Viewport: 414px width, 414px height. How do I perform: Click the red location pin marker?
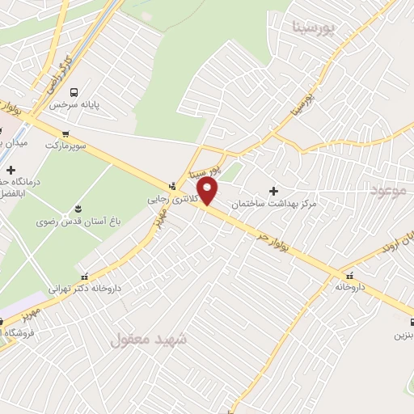(209, 192)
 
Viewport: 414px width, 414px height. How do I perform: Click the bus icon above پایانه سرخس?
(74, 91)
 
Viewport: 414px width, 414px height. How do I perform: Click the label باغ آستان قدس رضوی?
(70, 220)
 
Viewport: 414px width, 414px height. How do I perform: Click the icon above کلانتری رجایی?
(171, 185)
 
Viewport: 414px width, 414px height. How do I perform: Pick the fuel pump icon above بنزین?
(405, 320)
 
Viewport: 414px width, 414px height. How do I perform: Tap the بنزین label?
(403, 333)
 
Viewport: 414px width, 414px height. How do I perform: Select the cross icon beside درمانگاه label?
(11, 170)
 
